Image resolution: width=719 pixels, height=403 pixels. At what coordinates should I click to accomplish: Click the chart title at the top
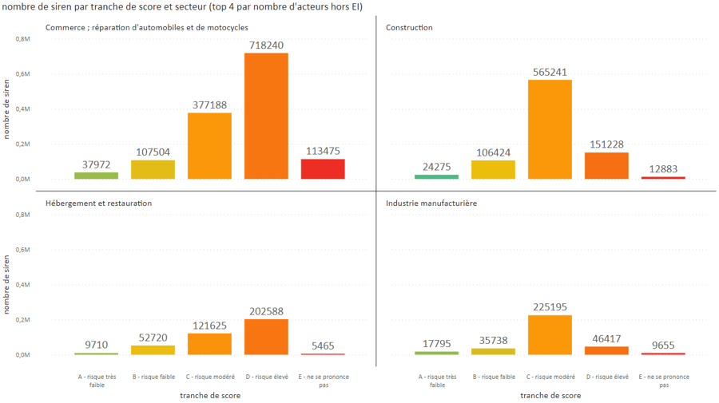click(183, 7)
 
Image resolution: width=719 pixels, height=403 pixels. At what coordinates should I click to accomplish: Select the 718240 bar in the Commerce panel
click(266, 116)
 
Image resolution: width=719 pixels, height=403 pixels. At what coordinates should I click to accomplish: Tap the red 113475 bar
click(323, 168)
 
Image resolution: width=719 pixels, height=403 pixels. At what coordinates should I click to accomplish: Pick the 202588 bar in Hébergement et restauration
click(266, 337)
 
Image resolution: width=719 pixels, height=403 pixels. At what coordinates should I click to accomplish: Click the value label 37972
click(97, 164)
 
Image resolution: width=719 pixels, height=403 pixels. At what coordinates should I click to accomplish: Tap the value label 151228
click(606, 144)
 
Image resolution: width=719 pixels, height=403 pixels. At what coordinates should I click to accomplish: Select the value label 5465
click(323, 346)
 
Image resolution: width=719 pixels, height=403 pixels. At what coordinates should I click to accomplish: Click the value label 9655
click(663, 345)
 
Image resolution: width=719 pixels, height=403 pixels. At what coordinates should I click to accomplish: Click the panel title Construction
click(409, 28)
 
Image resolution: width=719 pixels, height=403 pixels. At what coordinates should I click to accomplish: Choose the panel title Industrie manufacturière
click(431, 203)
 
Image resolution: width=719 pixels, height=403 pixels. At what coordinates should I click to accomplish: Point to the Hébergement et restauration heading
click(98, 203)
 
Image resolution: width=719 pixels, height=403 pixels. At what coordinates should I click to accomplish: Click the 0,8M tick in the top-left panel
click(22, 39)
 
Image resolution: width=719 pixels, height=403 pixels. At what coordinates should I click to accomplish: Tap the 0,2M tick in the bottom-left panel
click(22, 320)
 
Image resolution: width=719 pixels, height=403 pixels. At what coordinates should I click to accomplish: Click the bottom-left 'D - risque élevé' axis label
click(266, 377)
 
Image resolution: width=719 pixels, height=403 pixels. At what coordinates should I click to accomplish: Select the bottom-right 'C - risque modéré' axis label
click(550, 377)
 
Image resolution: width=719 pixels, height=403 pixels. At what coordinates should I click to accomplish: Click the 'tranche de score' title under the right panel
click(550, 395)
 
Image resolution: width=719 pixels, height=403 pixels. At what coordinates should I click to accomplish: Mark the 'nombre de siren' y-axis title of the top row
click(6, 109)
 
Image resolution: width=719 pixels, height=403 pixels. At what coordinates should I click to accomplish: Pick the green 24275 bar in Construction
click(436, 176)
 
